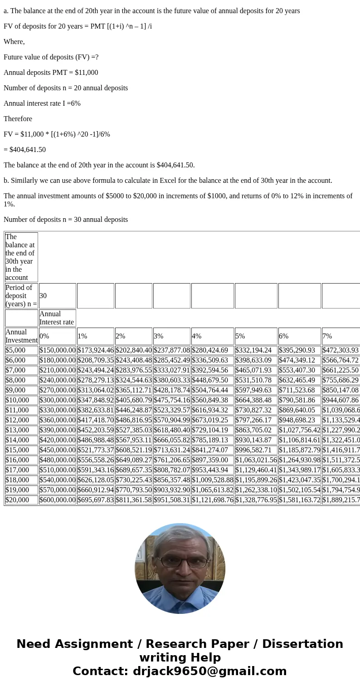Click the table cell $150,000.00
pos(58,350)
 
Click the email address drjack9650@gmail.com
pos(209,671)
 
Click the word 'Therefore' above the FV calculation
pos(18,119)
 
